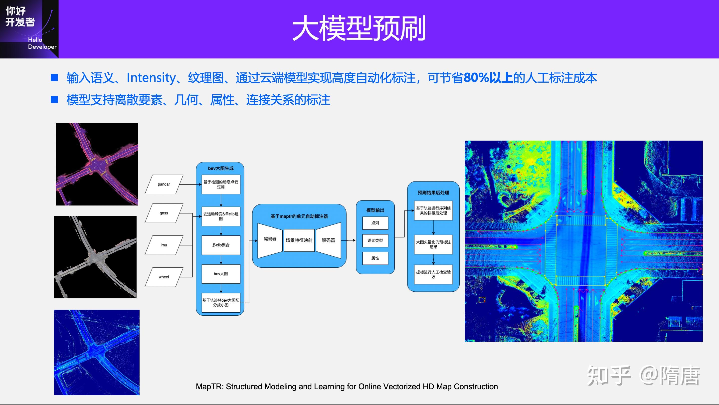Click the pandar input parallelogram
coord(164,184)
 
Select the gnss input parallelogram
coord(164,213)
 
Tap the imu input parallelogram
coord(164,245)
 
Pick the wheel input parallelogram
coord(164,277)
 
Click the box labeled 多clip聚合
coord(221,245)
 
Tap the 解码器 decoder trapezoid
coord(329,240)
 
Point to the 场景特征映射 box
coord(299,240)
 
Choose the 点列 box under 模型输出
coord(375,223)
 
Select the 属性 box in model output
coord(375,258)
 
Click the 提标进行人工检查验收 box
coord(433,274)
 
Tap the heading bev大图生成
coord(220,168)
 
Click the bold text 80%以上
coord(488,78)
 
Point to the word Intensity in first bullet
coord(151,78)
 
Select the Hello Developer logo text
coord(42,43)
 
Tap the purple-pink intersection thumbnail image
coord(97,164)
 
